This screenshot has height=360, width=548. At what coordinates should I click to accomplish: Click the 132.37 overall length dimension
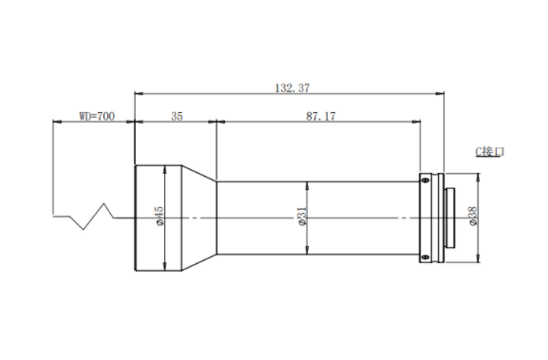coord(293,87)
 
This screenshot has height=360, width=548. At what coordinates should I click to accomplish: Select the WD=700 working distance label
coord(97,116)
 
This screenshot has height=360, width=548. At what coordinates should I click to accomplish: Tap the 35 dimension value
coord(177,116)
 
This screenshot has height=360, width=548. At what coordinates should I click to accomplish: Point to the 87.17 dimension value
coord(321,116)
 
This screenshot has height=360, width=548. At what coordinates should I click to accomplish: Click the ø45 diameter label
coord(160,216)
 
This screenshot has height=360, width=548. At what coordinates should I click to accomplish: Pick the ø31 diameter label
coord(302,217)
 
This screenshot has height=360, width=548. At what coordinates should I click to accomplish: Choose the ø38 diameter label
coord(473,217)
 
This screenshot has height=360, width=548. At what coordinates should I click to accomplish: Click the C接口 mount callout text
coord(490,152)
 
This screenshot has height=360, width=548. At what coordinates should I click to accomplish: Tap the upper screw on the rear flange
coord(425,180)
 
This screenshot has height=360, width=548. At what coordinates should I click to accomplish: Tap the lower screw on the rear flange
coord(425,257)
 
